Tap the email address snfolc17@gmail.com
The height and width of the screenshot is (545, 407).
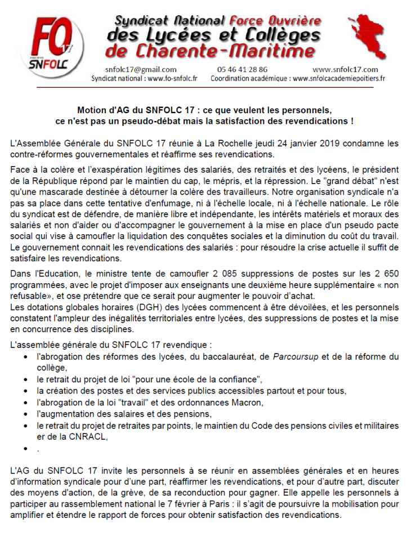click(133, 69)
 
